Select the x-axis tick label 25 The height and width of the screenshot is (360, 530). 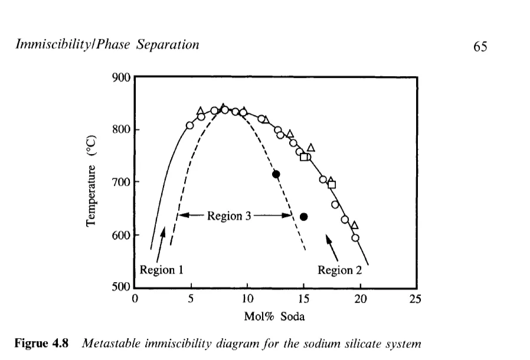click(416, 299)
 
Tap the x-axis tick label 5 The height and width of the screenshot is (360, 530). click(191, 299)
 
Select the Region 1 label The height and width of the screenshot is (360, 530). click(162, 270)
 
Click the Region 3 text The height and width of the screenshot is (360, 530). click(229, 215)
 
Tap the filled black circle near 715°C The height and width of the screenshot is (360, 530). click(276, 174)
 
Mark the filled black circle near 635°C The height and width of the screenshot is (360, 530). click(304, 217)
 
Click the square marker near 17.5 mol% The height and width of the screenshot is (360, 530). click(332, 185)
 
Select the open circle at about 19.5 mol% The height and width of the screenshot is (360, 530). click(355, 238)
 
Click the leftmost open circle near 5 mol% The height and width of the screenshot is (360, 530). click(190, 125)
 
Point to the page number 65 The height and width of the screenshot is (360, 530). click(480, 47)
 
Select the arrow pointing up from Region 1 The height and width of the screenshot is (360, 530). click(159, 245)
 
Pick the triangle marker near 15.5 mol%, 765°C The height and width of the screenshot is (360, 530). click(311, 148)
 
